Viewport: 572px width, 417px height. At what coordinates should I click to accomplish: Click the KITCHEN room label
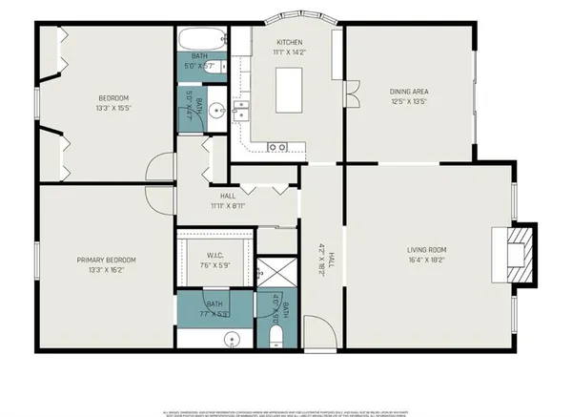click(x=290, y=43)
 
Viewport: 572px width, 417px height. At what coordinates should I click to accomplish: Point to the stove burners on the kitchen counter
click(x=277, y=146)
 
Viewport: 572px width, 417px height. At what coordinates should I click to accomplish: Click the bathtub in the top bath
click(x=201, y=41)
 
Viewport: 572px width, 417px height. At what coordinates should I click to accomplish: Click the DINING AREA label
click(x=409, y=92)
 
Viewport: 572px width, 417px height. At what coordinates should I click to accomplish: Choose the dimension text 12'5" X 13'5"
click(x=409, y=101)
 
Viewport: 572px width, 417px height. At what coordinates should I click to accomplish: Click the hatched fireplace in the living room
click(x=518, y=255)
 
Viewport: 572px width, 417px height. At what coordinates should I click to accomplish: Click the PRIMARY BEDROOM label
click(x=107, y=260)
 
